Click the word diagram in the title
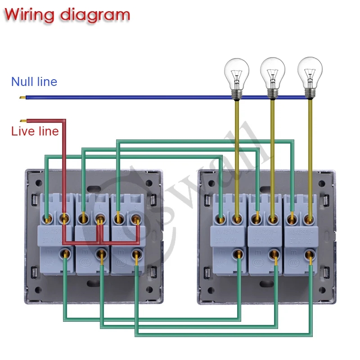click(x=95, y=15)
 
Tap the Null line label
click(x=34, y=81)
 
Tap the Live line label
click(x=35, y=131)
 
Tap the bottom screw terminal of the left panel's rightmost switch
click(x=136, y=254)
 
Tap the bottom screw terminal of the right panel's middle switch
click(x=274, y=254)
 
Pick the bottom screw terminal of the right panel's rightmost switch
click(x=310, y=254)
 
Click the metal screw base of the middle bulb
click(x=272, y=92)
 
